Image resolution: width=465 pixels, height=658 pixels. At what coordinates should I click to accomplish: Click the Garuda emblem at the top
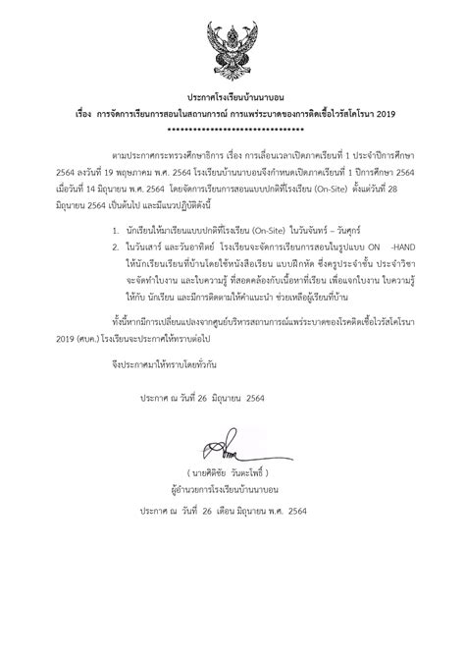[232, 45]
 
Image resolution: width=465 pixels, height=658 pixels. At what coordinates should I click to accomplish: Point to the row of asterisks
[232, 129]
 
